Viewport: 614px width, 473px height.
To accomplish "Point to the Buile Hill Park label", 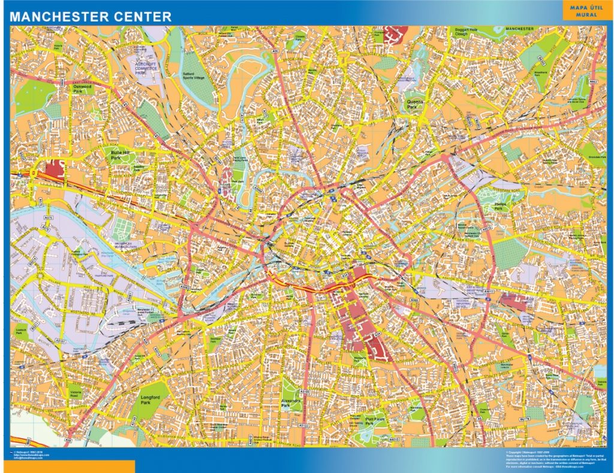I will tap(118, 154).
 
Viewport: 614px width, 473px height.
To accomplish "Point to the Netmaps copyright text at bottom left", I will tap(30, 456).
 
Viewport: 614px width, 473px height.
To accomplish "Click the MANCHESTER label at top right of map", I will tap(519, 29).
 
